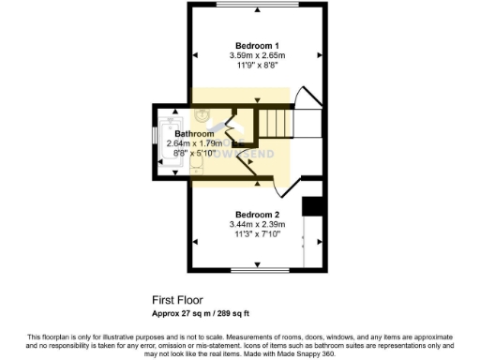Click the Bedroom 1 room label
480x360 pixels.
[x=257, y=46]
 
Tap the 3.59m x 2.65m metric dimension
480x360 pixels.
[x=257, y=56]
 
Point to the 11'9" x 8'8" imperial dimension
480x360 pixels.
[x=257, y=67]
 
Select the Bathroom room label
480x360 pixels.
[x=194, y=134]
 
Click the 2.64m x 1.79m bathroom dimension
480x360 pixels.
[x=194, y=143]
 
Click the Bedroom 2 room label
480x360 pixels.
[x=257, y=214]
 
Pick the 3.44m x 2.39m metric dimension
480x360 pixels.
[x=257, y=225]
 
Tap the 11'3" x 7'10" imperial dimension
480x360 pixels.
[x=257, y=235]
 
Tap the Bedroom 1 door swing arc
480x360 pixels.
[x=307, y=98]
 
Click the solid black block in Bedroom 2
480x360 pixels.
[x=313, y=206]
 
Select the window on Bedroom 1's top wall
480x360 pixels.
[x=257, y=5]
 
